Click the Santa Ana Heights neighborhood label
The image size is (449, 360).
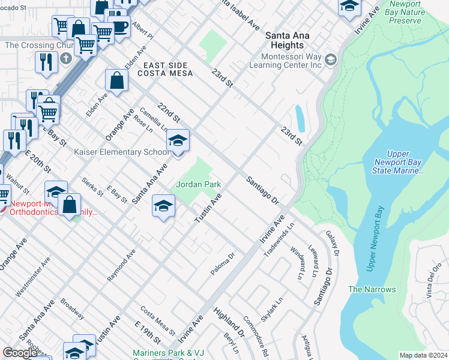pos(288,41)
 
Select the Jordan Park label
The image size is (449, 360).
pos(199,184)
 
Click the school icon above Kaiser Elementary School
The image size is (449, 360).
pos(177,140)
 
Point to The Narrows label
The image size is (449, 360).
pos(372,289)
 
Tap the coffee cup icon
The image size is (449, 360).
pos(119,26)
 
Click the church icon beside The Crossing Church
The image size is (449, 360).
pos(66,59)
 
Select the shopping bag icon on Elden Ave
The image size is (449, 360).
pos(117,80)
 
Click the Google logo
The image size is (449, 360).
pos(20,353)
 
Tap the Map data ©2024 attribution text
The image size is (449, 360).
pos(423,355)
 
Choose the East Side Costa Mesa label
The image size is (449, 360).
pos(165,69)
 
